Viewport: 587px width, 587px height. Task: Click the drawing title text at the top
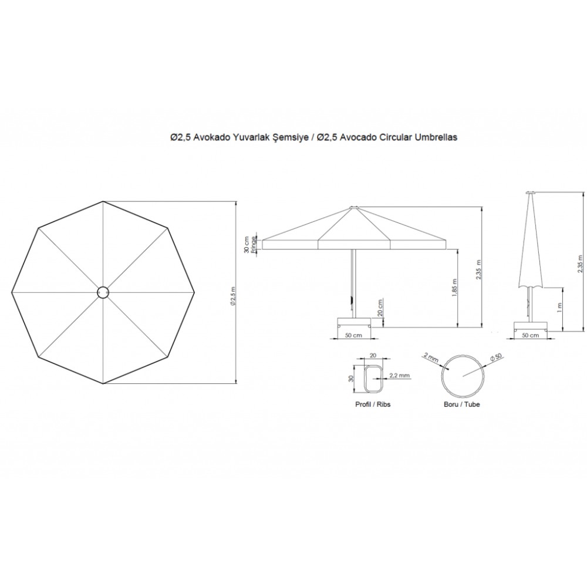click(313, 137)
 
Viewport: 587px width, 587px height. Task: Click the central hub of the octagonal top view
click(103, 292)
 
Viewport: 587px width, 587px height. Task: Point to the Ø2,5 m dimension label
click(232, 296)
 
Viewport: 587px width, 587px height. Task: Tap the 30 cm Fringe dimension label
click(250, 244)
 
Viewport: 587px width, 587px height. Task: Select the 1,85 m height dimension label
click(454, 288)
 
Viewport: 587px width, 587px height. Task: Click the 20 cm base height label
click(380, 308)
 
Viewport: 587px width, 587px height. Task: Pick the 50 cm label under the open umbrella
click(353, 335)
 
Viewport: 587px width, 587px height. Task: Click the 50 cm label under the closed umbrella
click(530, 335)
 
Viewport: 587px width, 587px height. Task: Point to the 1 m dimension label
click(559, 308)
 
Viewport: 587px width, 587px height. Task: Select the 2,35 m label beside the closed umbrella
click(580, 264)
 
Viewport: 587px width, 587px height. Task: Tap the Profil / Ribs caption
click(373, 404)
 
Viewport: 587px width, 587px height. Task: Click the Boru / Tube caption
click(461, 404)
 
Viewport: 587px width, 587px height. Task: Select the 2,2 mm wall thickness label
click(399, 375)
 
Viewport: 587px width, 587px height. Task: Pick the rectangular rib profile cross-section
click(373, 379)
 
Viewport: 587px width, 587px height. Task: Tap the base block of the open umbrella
click(354, 322)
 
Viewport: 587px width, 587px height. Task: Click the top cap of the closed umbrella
click(531, 193)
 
